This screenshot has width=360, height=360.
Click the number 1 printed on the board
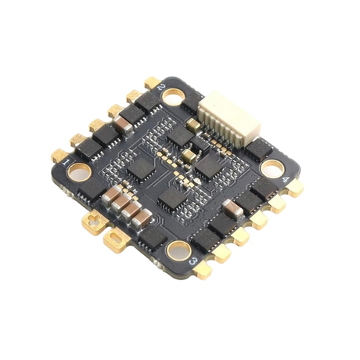[66, 163]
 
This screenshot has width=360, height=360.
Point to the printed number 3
[195, 261]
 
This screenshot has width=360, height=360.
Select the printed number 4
[286, 179]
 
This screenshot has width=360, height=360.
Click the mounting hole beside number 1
[80, 172]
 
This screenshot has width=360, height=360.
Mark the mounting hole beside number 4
[272, 168]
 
